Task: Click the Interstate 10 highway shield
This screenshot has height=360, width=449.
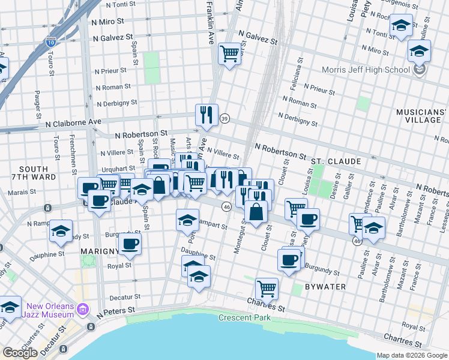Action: (x=50, y=42)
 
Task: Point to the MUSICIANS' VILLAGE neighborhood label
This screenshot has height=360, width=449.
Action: (x=422, y=116)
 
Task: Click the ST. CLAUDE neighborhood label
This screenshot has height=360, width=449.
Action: (x=336, y=161)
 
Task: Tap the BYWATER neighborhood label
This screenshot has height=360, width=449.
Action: (x=325, y=287)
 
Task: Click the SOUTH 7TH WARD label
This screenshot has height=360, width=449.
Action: (x=34, y=174)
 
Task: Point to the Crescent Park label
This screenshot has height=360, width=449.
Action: (x=242, y=317)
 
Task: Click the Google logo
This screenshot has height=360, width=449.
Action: (x=20, y=352)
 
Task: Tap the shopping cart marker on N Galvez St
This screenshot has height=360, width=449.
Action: (x=229, y=53)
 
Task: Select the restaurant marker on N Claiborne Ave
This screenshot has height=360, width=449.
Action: (x=207, y=114)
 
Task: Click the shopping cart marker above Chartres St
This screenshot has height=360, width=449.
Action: (x=266, y=288)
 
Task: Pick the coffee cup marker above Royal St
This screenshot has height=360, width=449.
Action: (x=130, y=244)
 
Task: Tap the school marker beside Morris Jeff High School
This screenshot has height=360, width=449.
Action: (x=419, y=50)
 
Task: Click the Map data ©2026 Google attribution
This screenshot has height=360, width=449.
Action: (x=411, y=355)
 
